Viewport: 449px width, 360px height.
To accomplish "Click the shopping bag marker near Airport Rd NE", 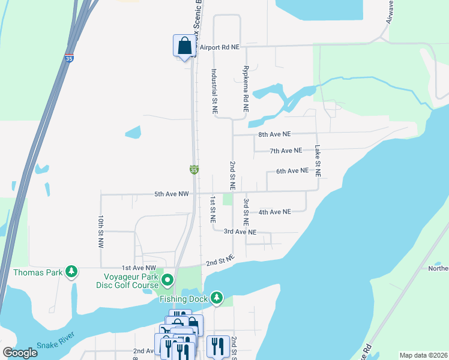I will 184,46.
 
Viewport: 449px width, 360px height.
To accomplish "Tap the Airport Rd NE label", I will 220,47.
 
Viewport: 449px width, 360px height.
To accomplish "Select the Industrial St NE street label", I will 214,91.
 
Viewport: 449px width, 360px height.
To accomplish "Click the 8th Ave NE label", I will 274,134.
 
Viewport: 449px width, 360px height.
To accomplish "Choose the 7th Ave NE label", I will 286,151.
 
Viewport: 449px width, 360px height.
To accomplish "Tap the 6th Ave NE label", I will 292,171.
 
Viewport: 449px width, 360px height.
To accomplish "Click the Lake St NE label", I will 318,160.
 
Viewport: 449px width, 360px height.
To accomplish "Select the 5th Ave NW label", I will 172,194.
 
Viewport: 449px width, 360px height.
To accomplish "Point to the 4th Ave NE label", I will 274,212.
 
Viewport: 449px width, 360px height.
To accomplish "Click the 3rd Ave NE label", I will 240,232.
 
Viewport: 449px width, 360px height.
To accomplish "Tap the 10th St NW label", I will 101,232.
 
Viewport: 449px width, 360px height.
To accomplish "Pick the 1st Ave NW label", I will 139,268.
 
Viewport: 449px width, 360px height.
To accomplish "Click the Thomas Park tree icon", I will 72,272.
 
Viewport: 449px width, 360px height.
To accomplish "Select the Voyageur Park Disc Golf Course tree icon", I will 167,280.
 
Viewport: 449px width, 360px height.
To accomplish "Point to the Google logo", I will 20,353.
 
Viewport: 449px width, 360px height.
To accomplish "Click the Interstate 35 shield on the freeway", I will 69,59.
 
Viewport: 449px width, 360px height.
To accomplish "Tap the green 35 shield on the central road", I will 194,170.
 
